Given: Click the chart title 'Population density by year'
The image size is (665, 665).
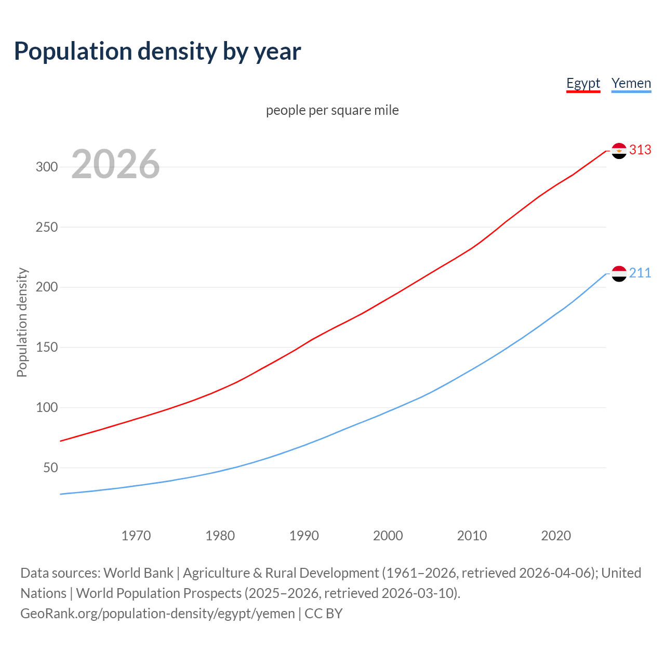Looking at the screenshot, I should (157, 51).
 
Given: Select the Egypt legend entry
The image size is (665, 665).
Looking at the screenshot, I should (583, 83).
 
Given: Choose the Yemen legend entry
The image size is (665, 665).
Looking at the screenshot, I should (631, 83).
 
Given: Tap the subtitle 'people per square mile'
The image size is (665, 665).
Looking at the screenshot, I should (332, 110).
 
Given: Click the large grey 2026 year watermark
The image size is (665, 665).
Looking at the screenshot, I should (115, 164).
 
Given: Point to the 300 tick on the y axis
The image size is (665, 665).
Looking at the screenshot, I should (46, 167).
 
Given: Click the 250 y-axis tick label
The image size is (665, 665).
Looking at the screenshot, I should (46, 228).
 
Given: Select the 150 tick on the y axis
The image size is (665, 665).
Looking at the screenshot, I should (46, 348).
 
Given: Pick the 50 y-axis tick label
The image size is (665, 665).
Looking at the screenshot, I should (50, 468).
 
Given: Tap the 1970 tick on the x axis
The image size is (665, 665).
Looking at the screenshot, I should (136, 536).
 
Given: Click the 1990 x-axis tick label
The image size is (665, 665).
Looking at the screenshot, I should (304, 536).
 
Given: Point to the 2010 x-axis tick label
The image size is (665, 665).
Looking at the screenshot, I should (472, 536).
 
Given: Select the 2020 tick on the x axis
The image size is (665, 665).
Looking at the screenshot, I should (556, 536).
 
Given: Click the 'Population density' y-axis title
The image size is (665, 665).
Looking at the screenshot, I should (22, 322).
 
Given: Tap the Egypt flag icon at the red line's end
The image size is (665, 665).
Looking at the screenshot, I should (619, 151).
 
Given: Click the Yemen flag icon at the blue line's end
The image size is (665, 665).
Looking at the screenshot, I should (619, 273).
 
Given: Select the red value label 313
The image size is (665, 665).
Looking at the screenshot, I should (640, 150).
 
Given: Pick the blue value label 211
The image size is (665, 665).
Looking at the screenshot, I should (640, 273).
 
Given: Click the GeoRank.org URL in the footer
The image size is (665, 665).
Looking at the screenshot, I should (157, 614).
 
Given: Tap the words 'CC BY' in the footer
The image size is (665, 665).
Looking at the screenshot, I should (324, 614).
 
